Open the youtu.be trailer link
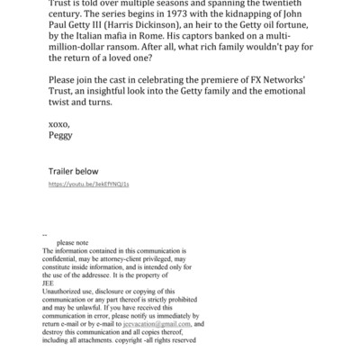point(87,209)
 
